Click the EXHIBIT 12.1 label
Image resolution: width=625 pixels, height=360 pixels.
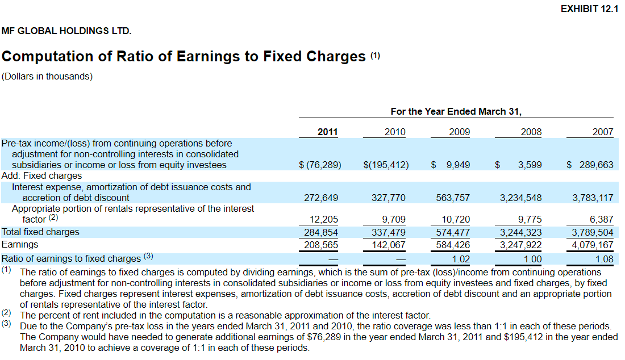[589, 9]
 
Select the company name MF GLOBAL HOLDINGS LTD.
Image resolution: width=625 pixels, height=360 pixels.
[66, 31]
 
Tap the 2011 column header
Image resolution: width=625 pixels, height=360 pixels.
[327, 132]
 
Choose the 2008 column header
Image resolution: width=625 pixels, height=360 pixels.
[531, 132]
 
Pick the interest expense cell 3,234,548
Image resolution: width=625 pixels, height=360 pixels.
[520, 198]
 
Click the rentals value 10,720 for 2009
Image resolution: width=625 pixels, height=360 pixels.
[456, 220]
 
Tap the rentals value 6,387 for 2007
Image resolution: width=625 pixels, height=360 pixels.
[602, 220]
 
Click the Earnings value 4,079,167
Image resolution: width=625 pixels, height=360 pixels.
[592, 245]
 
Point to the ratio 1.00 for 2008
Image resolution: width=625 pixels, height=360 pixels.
[532, 259]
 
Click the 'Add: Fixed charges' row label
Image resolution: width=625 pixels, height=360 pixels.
[42, 176]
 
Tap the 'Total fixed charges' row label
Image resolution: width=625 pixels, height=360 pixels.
[41, 232]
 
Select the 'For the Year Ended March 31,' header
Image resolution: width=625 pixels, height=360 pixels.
[456, 111]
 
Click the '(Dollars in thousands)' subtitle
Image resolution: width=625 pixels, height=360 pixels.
[47, 76]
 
